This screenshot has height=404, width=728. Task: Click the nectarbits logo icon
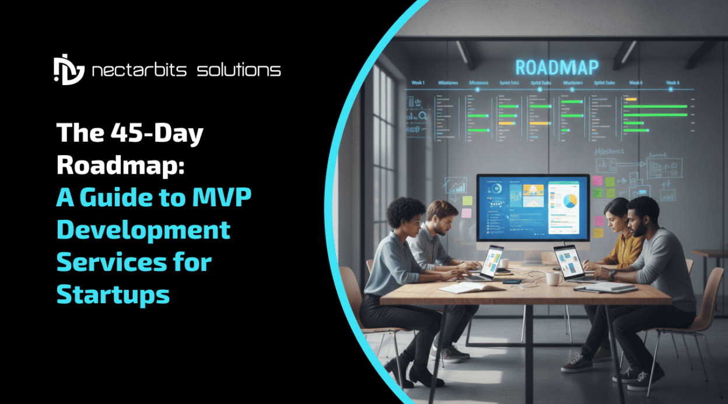69,71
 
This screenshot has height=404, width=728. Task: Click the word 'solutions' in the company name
239,71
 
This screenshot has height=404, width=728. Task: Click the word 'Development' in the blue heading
143,230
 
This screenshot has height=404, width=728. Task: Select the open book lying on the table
464,287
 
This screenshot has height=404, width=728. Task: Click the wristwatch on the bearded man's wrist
613,273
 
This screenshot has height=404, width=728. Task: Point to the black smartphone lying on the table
512,282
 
